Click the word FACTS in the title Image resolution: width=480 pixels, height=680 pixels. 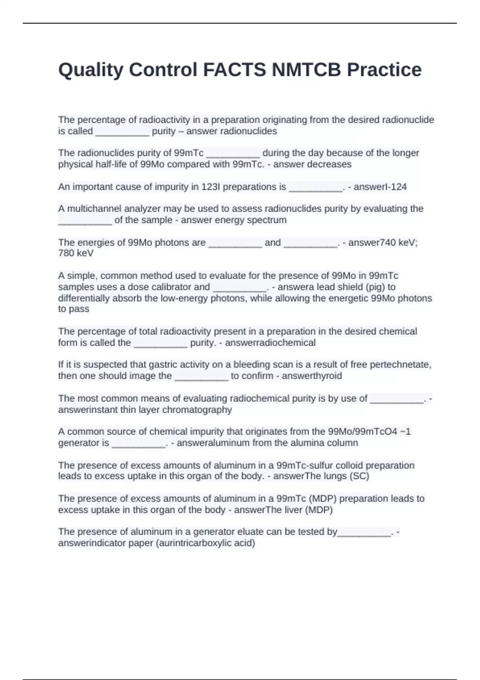coord(234,70)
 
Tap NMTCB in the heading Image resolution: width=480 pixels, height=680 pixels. coord(306,70)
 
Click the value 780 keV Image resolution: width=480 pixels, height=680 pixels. coord(76,253)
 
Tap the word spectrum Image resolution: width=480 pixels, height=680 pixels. coord(268,220)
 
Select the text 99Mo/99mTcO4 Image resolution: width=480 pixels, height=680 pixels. coord(362,432)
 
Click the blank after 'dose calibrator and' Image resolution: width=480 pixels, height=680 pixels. coord(239,287)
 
